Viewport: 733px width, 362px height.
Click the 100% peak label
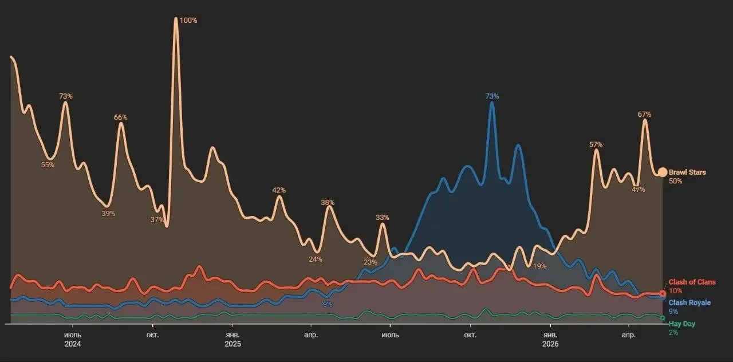[188, 21]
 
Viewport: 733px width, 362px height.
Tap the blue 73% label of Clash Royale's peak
[492, 96]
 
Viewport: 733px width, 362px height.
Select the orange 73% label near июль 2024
[66, 96]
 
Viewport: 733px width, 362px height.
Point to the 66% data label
[120, 117]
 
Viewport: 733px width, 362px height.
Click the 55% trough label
[48, 165]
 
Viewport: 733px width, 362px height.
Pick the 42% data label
[279, 190]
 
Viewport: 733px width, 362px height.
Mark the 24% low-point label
[316, 259]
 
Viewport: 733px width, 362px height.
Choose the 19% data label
[539, 266]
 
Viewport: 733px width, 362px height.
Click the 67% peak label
[644, 115]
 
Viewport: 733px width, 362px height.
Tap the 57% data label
[596, 145]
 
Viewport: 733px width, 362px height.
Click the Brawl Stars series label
[687, 172]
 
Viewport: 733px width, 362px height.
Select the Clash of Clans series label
[692, 282]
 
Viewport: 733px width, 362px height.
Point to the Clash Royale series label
[690, 303]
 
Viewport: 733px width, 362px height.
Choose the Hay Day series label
[682, 324]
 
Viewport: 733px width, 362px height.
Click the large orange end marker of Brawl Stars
[663, 172]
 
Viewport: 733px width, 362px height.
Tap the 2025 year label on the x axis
[232, 344]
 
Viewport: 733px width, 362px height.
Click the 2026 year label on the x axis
[550, 344]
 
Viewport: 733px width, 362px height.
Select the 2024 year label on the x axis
[73, 344]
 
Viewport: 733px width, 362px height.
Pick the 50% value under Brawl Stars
[675, 181]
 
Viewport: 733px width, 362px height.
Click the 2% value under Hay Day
[673, 333]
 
